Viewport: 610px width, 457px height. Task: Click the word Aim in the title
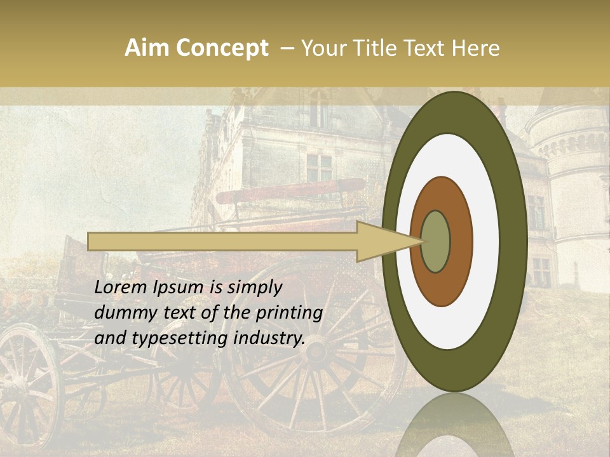click(146, 48)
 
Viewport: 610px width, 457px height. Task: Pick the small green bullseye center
click(436, 242)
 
